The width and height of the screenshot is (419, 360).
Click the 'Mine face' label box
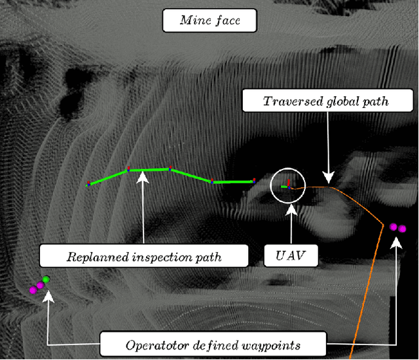pyautogui.click(x=209, y=20)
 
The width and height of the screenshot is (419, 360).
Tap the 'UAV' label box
pyautogui.click(x=291, y=255)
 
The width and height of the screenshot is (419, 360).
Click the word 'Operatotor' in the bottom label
pyautogui.click(x=152, y=342)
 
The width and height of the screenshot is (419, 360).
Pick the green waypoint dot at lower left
pyautogui.click(x=46, y=281)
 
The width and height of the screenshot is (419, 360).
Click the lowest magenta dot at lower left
pyautogui.click(x=32, y=289)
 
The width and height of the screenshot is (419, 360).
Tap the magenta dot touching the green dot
pyautogui.click(x=39, y=285)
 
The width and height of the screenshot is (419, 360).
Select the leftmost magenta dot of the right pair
pyautogui.click(x=393, y=226)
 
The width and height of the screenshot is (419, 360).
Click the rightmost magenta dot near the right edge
pyautogui.click(x=402, y=229)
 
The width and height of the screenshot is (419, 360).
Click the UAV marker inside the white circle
pyautogui.click(x=286, y=187)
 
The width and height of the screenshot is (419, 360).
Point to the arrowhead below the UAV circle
pyautogui.click(x=290, y=208)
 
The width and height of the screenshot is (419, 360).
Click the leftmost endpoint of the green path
pyautogui.click(x=88, y=185)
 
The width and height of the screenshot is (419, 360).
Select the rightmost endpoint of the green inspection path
pyautogui.click(x=254, y=181)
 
